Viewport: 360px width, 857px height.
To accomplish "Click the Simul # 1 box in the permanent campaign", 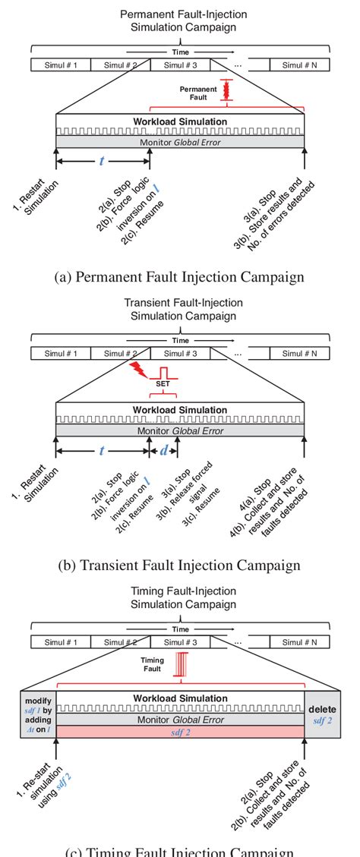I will [60, 65].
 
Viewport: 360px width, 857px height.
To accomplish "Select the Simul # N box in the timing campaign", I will [299, 642].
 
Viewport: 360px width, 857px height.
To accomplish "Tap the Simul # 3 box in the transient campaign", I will [180, 353].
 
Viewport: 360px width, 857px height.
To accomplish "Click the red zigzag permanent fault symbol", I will [224, 90].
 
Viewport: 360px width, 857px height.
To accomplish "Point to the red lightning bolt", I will [141, 370].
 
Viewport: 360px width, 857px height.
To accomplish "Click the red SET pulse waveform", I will [163, 373].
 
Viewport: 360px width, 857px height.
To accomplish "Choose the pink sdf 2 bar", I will [180, 731].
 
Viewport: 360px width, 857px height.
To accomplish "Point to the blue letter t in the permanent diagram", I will [102, 162].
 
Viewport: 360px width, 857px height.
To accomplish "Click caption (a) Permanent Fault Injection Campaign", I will [180, 277].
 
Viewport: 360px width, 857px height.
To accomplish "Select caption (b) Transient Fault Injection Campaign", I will [180, 565].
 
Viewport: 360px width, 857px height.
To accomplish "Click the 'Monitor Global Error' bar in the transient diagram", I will [180, 430].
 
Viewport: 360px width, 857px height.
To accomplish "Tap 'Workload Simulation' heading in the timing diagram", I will [180, 698].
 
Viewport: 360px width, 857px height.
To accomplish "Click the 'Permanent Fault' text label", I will [198, 93].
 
